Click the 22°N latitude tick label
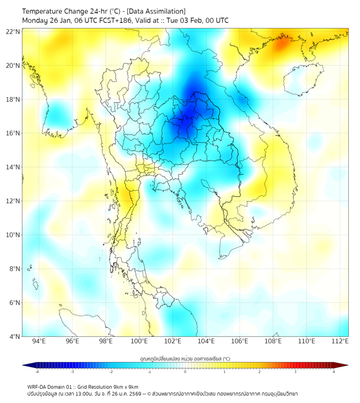click(x=13, y=31)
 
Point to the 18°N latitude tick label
click(x=13, y=99)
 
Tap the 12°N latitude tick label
click(x=13, y=201)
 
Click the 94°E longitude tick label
click(x=39, y=342)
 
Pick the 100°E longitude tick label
click(x=139, y=342)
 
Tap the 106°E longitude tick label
click(x=240, y=342)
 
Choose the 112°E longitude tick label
click(x=340, y=342)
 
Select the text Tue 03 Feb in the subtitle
click(x=181, y=21)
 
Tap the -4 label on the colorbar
click(x=36, y=372)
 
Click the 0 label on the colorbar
click(x=185, y=372)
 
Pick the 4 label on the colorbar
click(x=334, y=372)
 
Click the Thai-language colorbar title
click(x=185, y=359)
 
